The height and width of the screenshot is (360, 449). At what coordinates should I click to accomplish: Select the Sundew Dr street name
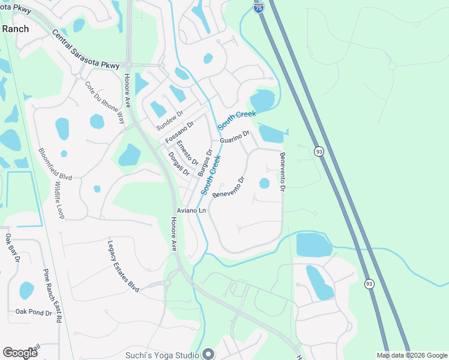169,121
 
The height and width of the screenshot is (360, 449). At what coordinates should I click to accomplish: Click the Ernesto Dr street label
187,152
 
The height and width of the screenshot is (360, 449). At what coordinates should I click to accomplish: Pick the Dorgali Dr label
178,163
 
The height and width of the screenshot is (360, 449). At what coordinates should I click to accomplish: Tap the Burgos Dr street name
205,163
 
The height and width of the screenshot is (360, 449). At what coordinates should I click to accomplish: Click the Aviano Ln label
191,211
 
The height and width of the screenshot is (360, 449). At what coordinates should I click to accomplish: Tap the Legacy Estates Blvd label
123,266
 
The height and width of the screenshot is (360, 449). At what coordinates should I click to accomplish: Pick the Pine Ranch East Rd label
52,296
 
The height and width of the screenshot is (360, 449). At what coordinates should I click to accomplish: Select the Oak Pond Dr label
34,312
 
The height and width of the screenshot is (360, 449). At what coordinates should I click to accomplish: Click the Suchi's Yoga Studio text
162,355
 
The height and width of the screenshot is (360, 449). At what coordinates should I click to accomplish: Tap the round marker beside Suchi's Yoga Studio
208,354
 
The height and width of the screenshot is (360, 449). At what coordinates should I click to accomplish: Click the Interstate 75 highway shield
258,7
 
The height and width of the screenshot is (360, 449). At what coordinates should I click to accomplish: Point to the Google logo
20,352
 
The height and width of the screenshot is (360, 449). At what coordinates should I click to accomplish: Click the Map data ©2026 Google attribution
412,355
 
